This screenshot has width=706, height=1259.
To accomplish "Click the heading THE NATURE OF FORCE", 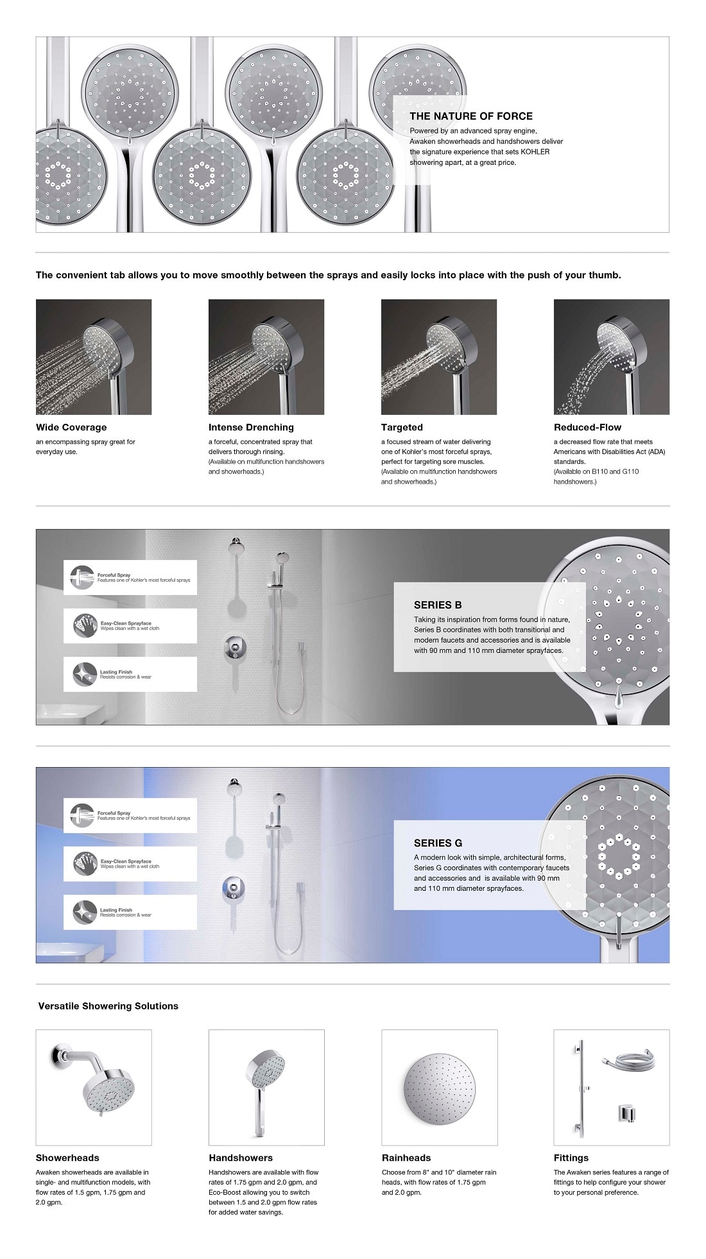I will (470, 116).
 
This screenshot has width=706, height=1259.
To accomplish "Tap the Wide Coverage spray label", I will (71, 427).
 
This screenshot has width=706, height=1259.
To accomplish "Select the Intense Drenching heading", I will (251, 427).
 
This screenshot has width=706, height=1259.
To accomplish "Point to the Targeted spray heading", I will (402, 427).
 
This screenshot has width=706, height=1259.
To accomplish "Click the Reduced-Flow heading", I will (587, 427).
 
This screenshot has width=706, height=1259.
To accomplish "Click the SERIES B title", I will (438, 605).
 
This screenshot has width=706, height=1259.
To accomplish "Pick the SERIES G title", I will (438, 843).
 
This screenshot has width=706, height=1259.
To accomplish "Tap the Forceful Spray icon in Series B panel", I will (83, 577).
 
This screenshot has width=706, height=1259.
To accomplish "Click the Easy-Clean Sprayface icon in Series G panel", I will (85, 863).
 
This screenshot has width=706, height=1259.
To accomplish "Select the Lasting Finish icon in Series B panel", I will (84, 675).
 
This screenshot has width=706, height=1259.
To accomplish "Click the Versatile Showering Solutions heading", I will (108, 1006).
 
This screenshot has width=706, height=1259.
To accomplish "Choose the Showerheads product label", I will (67, 1158).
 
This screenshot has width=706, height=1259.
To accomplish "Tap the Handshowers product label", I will (241, 1158).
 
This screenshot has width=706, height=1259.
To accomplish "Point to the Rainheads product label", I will (406, 1158).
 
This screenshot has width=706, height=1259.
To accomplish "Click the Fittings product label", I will (571, 1158).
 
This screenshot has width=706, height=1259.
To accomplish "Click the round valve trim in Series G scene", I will (234, 888).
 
